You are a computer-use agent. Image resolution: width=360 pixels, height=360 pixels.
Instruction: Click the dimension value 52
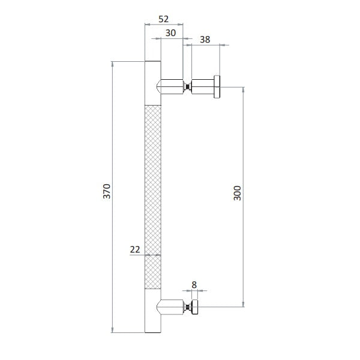(163, 19)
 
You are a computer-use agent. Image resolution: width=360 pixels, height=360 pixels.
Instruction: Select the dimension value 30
(170, 33)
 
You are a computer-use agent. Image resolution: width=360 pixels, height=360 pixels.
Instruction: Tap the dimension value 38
(205, 40)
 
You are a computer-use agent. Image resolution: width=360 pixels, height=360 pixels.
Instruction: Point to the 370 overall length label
(107, 191)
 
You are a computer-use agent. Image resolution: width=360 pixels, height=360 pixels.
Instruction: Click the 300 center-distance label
(237, 193)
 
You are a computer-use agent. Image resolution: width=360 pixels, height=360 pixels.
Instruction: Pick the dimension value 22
(135, 250)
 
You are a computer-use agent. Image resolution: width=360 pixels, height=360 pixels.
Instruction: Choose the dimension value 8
(194, 285)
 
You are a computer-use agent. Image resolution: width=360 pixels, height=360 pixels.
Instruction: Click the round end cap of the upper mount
(217, 87)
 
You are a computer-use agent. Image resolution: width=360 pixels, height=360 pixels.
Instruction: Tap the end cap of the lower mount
(194, 307)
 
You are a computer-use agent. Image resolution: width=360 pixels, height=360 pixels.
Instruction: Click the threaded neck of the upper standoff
(188, 86)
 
